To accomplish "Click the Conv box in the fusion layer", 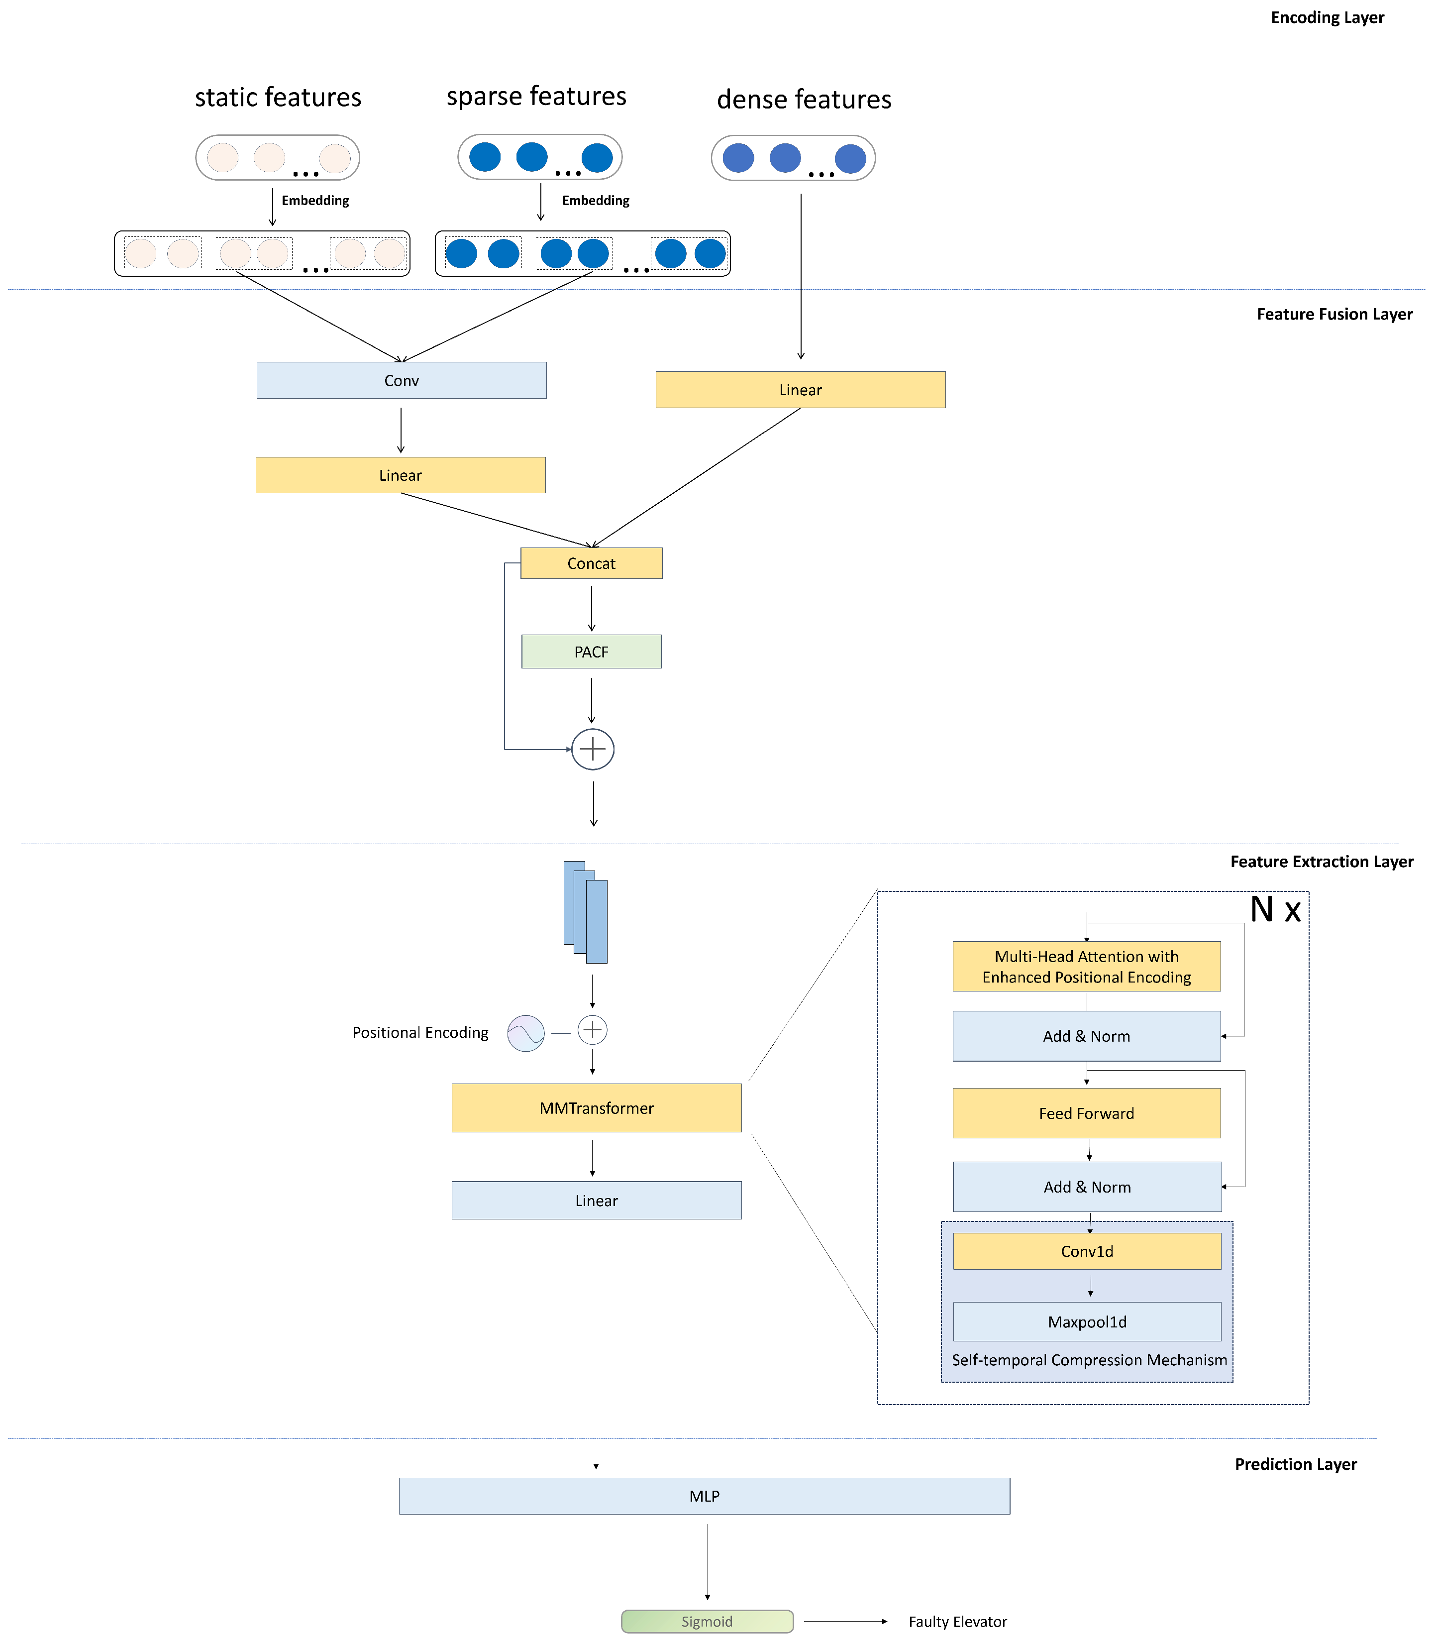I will (x=401, y=380).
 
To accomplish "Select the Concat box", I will (x=591, y=563).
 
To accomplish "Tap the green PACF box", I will (x=591, y=651).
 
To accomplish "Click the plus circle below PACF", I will (x=593, y=749).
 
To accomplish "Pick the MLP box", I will (x=704, y=1496).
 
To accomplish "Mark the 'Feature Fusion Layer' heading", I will (x=1334, y=314).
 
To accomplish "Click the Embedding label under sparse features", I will (x=595, y=200).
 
